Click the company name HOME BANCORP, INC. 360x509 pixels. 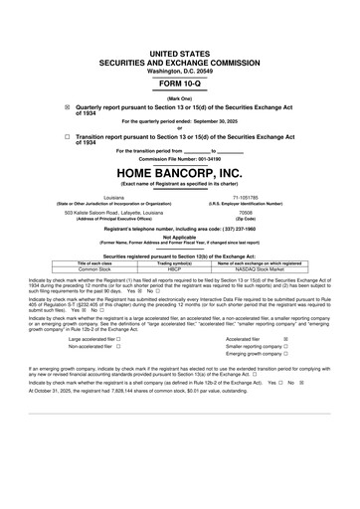click(x=180, y=171)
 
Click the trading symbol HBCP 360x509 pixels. click(x=181, y=267)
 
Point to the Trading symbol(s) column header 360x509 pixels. click(x=181, y=261)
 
